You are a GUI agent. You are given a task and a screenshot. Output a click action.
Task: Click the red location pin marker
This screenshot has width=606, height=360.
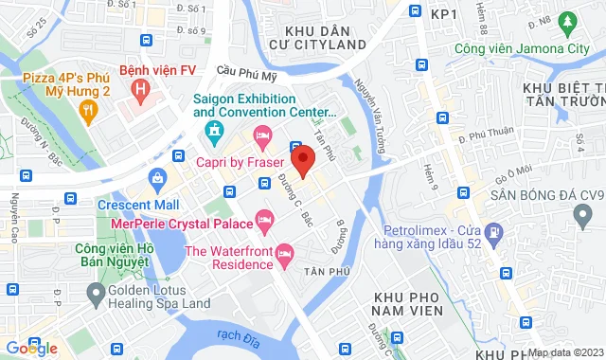(x=302, y=160)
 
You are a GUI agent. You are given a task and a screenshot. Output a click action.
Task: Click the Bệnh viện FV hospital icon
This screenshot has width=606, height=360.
(x=141, y=92)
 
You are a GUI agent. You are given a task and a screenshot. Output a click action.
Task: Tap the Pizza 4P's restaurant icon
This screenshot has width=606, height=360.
(x=89, y=113)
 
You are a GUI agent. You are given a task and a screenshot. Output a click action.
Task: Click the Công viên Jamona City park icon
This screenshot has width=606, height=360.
(x=568, y=20)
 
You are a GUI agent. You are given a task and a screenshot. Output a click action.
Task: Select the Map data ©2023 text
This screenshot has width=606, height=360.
(x=564, y=352)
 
